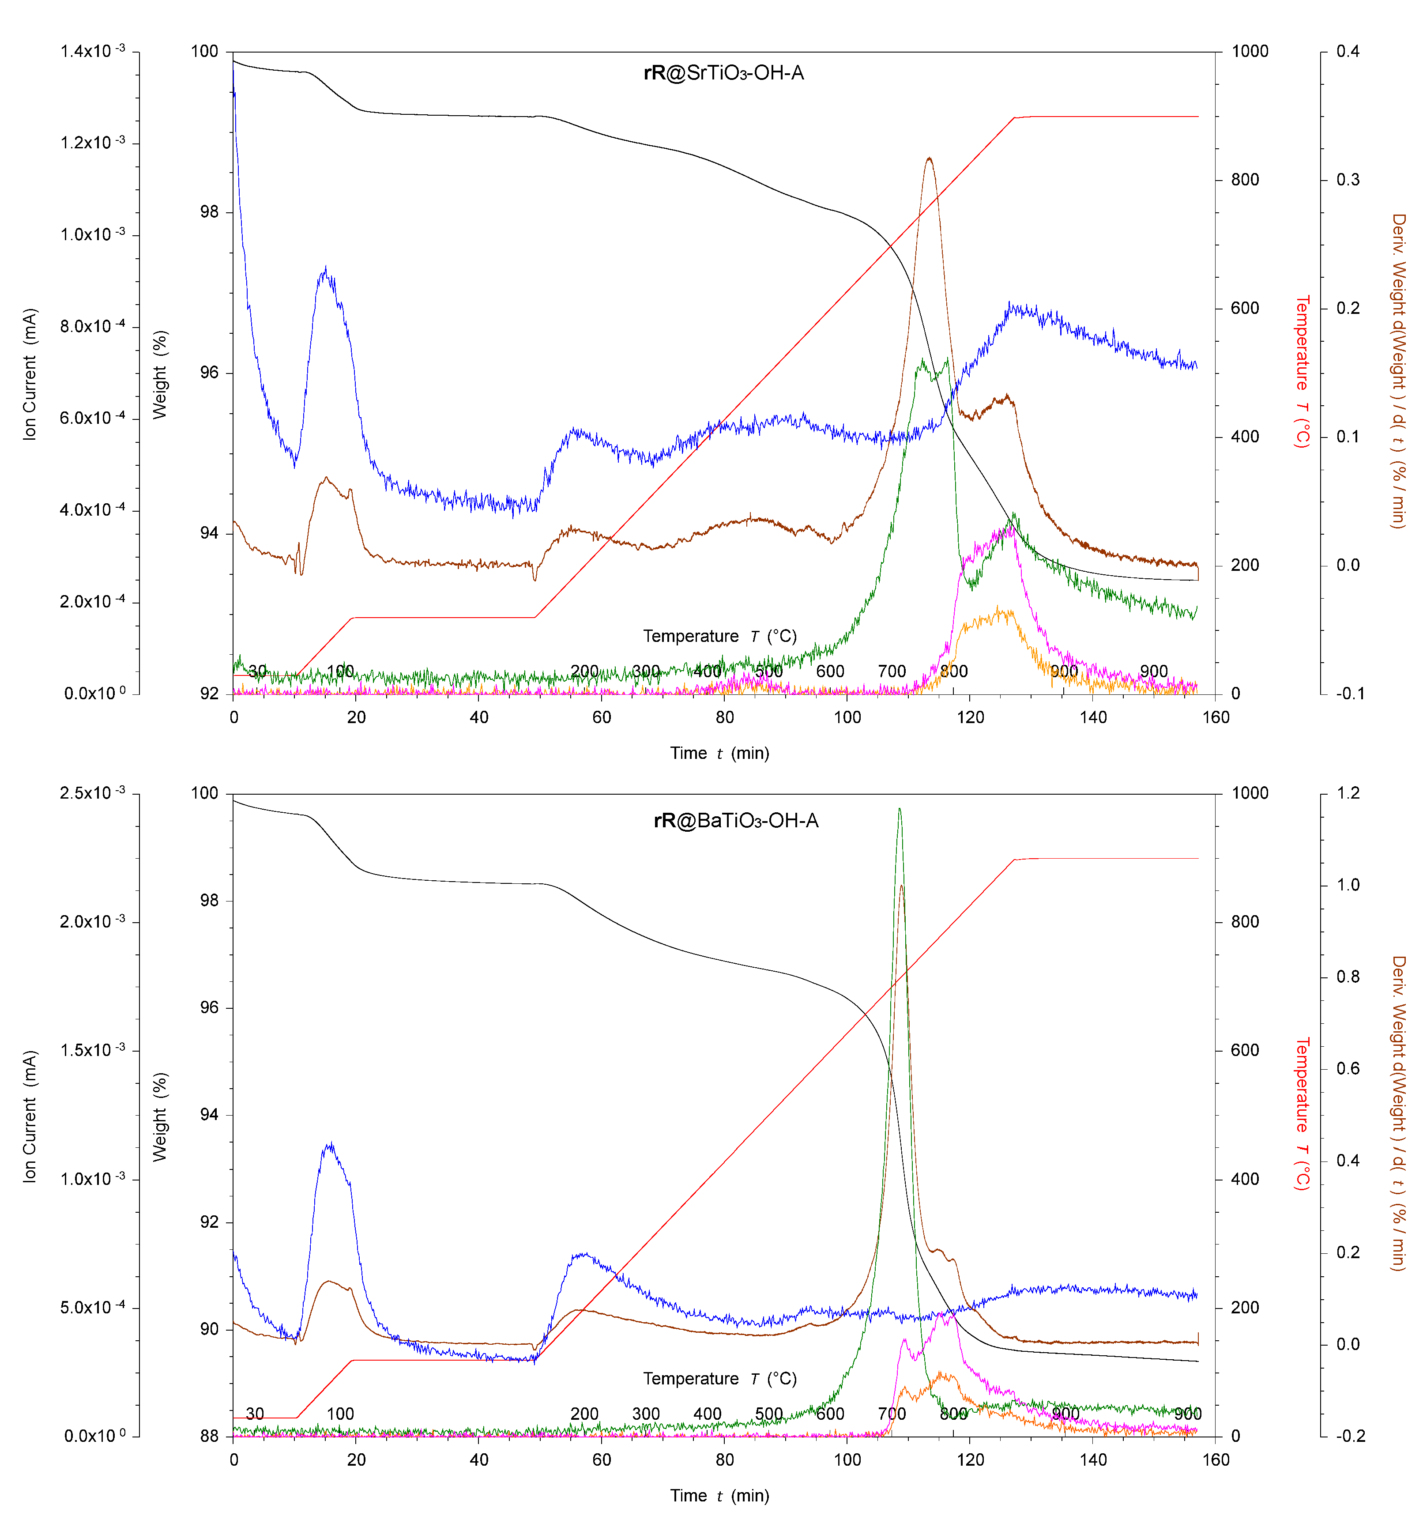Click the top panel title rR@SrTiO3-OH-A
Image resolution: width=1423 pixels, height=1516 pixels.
click(x=723, y=73)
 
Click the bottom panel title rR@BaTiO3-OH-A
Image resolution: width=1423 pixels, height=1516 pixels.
click(x=736, y=821)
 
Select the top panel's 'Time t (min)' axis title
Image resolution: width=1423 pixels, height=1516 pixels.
click(x=719, y=754)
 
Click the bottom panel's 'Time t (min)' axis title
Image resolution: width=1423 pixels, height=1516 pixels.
click(x=719, y=1495)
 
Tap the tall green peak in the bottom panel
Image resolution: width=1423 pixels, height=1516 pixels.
click(x=900, y=810)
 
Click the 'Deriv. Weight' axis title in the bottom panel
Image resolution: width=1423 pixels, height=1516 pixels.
click(x=1398, y=1113)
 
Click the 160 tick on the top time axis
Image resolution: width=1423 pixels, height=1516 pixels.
click(x=1216, y=717)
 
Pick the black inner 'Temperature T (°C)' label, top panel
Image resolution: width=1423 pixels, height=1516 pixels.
click(x=719, y=636)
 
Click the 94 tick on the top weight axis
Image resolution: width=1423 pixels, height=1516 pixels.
click(x=208, y=533)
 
